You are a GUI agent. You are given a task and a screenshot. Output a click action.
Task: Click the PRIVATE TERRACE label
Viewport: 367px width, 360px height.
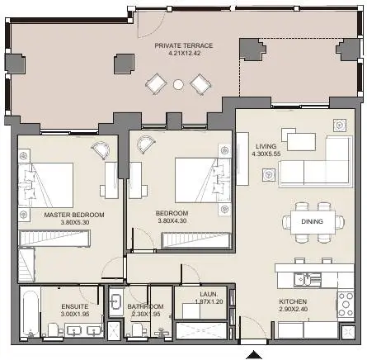coord(184,45)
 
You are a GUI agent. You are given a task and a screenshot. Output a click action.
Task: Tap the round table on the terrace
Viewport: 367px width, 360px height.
coord(178,84)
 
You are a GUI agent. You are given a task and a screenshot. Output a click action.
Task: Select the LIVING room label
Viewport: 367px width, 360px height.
coord(266,146)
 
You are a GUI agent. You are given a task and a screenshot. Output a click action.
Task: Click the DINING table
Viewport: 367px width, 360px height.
coord(313,222)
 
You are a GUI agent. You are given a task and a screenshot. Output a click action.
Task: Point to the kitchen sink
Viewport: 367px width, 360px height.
coord(307,280)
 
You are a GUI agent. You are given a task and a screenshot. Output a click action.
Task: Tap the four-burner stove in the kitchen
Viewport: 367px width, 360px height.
coord(346,304)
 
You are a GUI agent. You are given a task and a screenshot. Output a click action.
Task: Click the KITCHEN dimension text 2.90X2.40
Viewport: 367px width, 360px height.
coord(294,309)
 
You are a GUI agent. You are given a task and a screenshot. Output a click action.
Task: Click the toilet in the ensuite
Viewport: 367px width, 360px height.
coord(53,329)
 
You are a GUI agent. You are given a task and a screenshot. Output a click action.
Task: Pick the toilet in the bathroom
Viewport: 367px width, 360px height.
coord(137,329)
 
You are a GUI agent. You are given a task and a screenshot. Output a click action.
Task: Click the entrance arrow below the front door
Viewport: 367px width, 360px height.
coord(254,355)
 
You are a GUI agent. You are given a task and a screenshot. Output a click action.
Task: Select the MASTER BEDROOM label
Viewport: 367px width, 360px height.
coord(74,215)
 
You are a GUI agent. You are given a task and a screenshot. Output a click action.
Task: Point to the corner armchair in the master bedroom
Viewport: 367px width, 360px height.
coord(101,150)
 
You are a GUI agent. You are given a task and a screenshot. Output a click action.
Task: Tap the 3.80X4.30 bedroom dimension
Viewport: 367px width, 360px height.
coord(172,220)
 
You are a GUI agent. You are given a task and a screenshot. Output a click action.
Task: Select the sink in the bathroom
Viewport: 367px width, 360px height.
coord(116,301)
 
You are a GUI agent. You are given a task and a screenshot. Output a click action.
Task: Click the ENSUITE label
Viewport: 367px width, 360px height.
coord(75,306)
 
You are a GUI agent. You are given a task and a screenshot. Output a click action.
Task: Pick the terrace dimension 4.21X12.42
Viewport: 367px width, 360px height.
coord(184,53)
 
